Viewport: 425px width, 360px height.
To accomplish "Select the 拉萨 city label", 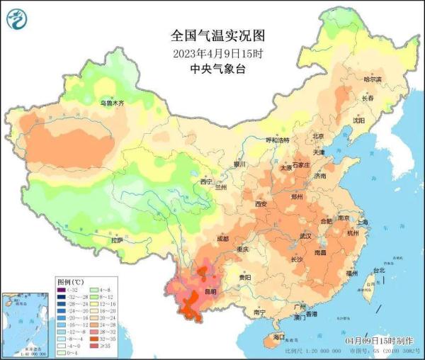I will (x=117, y=240).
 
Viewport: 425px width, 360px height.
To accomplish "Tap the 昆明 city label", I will (x=210, y=291).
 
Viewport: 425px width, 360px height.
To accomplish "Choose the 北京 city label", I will (x=318, y=136).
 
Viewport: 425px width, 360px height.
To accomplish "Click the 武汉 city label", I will (x=306, y=235).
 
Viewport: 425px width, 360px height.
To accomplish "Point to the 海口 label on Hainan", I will (x=278, y=337).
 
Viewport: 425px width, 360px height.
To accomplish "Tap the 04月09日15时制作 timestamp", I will (x=379, y=342).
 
